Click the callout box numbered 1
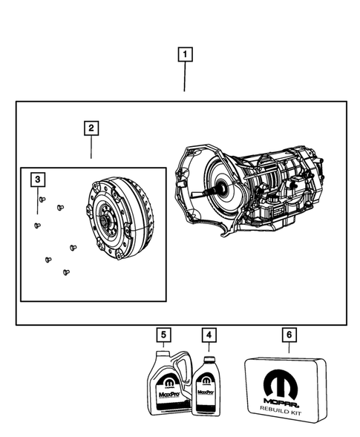coord(184,54)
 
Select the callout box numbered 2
coord(90,129)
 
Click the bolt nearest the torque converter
coord(73,247)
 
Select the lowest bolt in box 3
coord(66,272)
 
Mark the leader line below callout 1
coord(184,78)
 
